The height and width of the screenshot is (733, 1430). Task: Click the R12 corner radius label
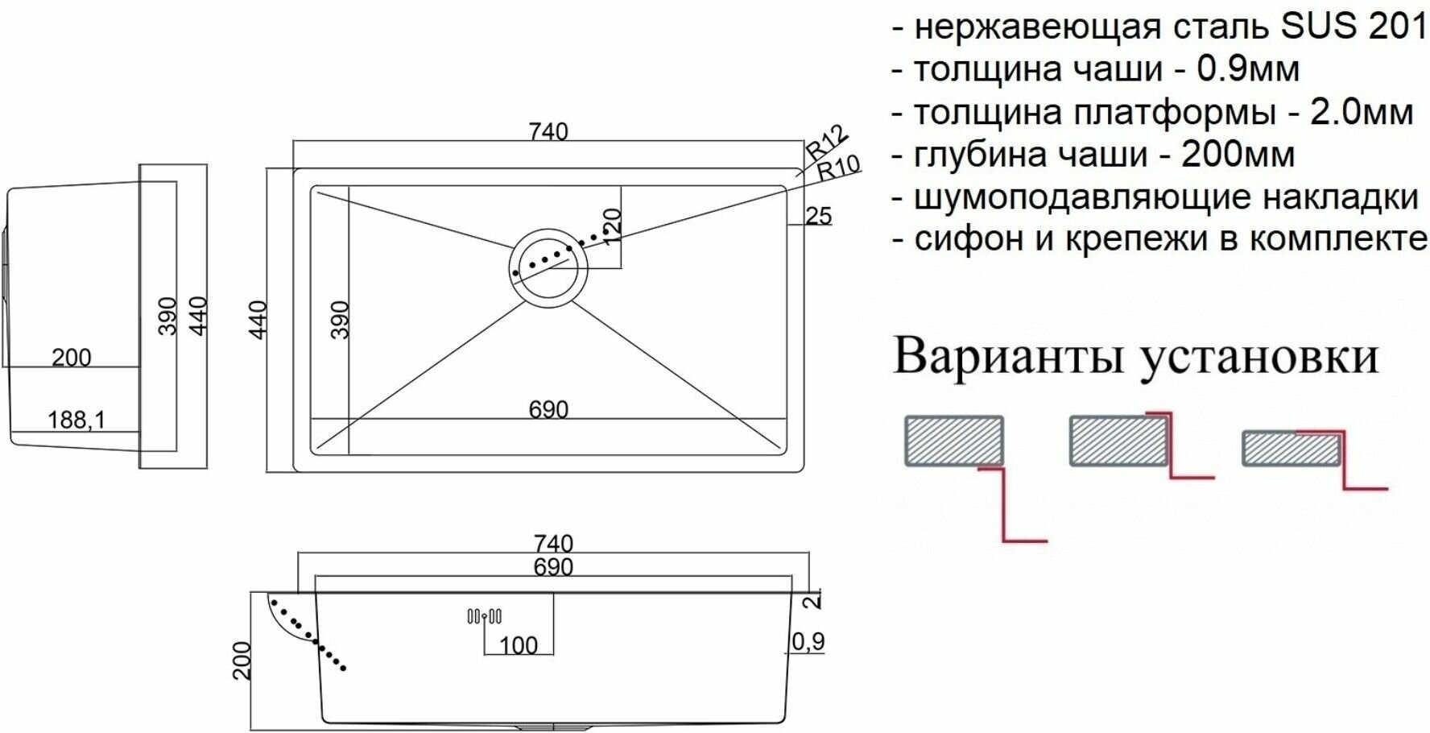825,143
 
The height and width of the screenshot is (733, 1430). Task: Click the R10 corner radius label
838,168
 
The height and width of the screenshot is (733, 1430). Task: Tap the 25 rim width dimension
818,216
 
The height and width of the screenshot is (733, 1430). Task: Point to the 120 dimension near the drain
613,227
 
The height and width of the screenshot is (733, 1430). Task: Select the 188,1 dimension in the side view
77,420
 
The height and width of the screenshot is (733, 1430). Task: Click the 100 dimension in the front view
518,645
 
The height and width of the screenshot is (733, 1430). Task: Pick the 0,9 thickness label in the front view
808,642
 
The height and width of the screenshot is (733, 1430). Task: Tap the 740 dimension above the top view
548,131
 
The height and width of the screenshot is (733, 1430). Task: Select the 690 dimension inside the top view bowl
548,410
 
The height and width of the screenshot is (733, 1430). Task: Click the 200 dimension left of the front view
243,661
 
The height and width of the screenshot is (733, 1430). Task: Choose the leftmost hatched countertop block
955,441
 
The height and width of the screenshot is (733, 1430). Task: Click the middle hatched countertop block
1118,441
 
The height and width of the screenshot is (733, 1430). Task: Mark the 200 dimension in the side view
72,358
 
